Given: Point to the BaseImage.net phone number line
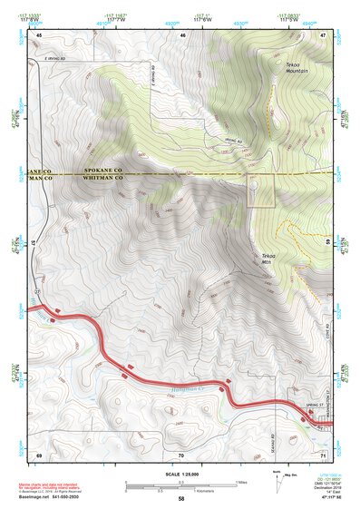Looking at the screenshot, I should point(54,495).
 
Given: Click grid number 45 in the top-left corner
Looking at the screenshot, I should point(39,34).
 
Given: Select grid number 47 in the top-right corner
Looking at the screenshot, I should point(324,34).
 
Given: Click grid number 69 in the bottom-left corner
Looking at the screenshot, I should point(39,453).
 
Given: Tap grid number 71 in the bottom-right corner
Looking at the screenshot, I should point(323,453).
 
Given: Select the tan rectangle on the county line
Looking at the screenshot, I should point(261,191).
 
